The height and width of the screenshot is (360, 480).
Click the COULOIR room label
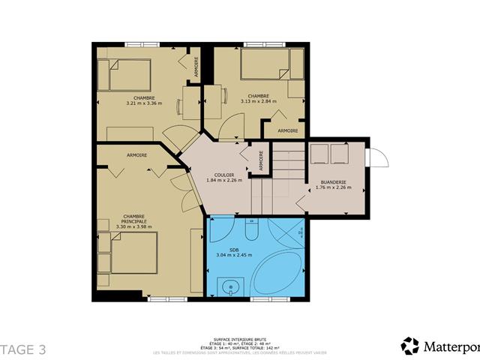click(x=223, y=175)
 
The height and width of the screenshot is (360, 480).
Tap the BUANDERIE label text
click(x=333, y=182)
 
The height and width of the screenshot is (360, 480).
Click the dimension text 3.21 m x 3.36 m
click(x=145, y=103)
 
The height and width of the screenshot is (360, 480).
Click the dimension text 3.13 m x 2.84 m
click(x=259, y=101)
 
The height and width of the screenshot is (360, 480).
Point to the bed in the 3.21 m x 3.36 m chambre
click(x=134, y=75)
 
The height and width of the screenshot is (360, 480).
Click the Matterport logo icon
click(x=410, y=346)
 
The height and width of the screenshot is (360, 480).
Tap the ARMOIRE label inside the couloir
click(x=261, y=162)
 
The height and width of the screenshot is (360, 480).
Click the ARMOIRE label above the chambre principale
click(x=136, y=155)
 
